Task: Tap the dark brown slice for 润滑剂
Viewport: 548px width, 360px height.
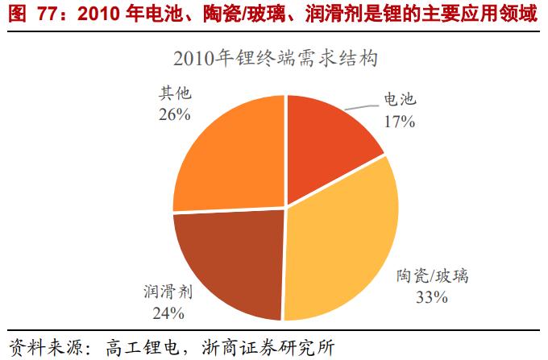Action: coord(230,258)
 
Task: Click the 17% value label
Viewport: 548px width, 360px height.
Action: coord(398,122)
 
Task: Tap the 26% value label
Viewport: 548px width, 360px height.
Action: coord(174,114)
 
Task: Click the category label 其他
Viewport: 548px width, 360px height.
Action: coord(174,93)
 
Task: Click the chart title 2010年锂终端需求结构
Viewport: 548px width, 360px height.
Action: coord(275,59)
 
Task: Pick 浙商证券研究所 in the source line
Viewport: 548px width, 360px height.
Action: coord(274,347)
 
